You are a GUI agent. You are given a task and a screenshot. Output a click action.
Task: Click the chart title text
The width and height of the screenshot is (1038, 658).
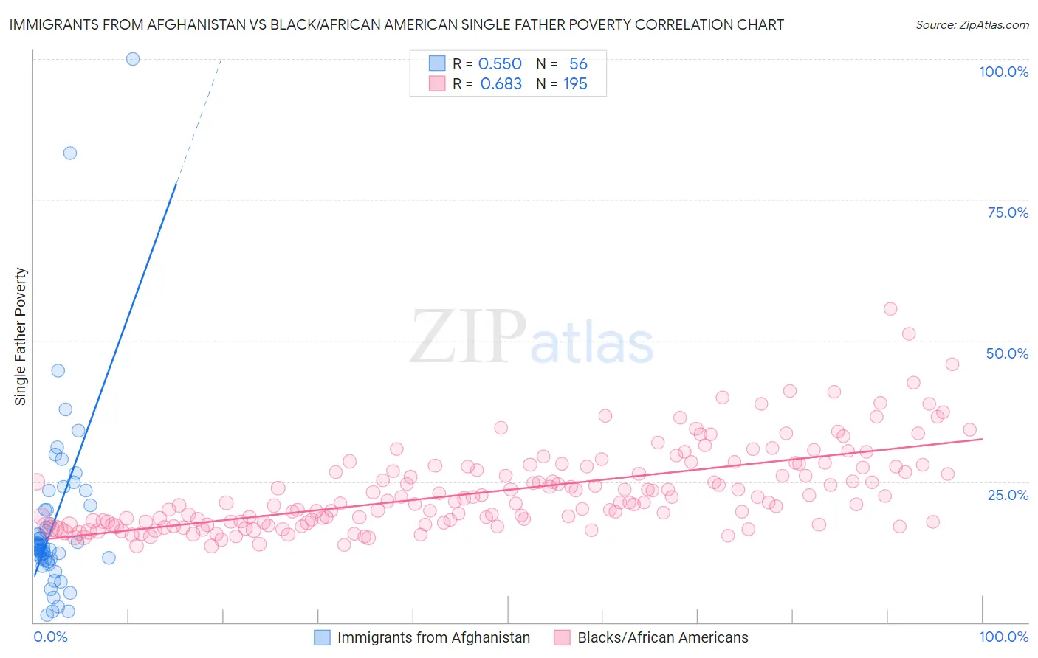coord(396,24)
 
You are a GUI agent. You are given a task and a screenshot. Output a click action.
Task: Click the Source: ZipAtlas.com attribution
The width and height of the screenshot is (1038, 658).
coord(972,25)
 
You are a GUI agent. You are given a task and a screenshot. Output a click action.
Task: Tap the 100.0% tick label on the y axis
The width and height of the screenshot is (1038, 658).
coord(1003,72)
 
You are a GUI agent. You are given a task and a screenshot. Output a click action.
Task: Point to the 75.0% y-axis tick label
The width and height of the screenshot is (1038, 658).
coord(1008,212)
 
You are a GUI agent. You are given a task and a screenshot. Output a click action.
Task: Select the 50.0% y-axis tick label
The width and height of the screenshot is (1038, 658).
coord(1007,353)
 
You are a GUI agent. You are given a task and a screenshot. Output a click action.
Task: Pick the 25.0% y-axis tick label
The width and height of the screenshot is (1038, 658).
coord(1008,494)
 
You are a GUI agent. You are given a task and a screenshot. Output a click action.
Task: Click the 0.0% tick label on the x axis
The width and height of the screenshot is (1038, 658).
coord(50,637)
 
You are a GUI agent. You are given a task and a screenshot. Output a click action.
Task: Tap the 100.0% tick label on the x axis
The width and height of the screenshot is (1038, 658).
coord(1003,637)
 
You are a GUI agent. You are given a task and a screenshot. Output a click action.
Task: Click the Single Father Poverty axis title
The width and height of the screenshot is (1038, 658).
coord(21,336)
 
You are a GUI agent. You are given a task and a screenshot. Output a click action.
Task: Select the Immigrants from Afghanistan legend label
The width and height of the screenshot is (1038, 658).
coord(433,637)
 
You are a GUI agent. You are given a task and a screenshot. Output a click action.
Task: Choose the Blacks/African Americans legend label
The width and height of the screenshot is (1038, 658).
coord(662,637)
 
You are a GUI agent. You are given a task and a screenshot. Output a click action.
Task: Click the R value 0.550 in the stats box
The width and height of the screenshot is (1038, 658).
coord(500,64)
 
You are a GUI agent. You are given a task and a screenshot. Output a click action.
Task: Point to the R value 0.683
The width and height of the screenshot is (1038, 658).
coord(501,84)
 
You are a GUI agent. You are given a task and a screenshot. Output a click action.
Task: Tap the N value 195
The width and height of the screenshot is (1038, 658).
coord(575,84)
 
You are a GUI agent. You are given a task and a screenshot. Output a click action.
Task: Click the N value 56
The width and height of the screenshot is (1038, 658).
coord(578,64)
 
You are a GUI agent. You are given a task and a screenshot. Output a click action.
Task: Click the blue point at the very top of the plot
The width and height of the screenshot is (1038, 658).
coord(133,59)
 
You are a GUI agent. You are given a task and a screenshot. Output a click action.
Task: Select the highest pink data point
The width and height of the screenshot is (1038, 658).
coord(890,309)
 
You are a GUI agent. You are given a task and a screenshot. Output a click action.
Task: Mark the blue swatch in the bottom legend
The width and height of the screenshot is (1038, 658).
coord(322,637)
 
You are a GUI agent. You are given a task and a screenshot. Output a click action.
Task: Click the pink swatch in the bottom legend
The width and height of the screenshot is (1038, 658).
coord(562,637)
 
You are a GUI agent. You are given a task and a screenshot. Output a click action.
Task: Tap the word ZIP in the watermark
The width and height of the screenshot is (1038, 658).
coord(467,337)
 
